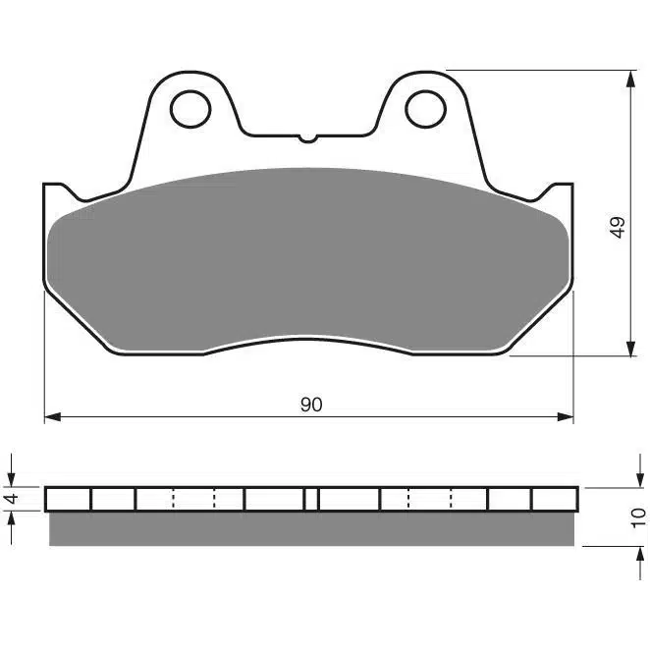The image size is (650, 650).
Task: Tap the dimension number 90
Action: point(311,405)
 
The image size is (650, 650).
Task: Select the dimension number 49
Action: point(618,227)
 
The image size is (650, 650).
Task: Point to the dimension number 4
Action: point(13,498)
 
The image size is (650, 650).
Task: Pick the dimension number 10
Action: point(637,517)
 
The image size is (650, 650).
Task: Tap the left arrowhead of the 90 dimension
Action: point(53,417)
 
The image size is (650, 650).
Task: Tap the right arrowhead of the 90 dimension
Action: point(565,417)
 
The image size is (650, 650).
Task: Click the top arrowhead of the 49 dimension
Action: point(631,79)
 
